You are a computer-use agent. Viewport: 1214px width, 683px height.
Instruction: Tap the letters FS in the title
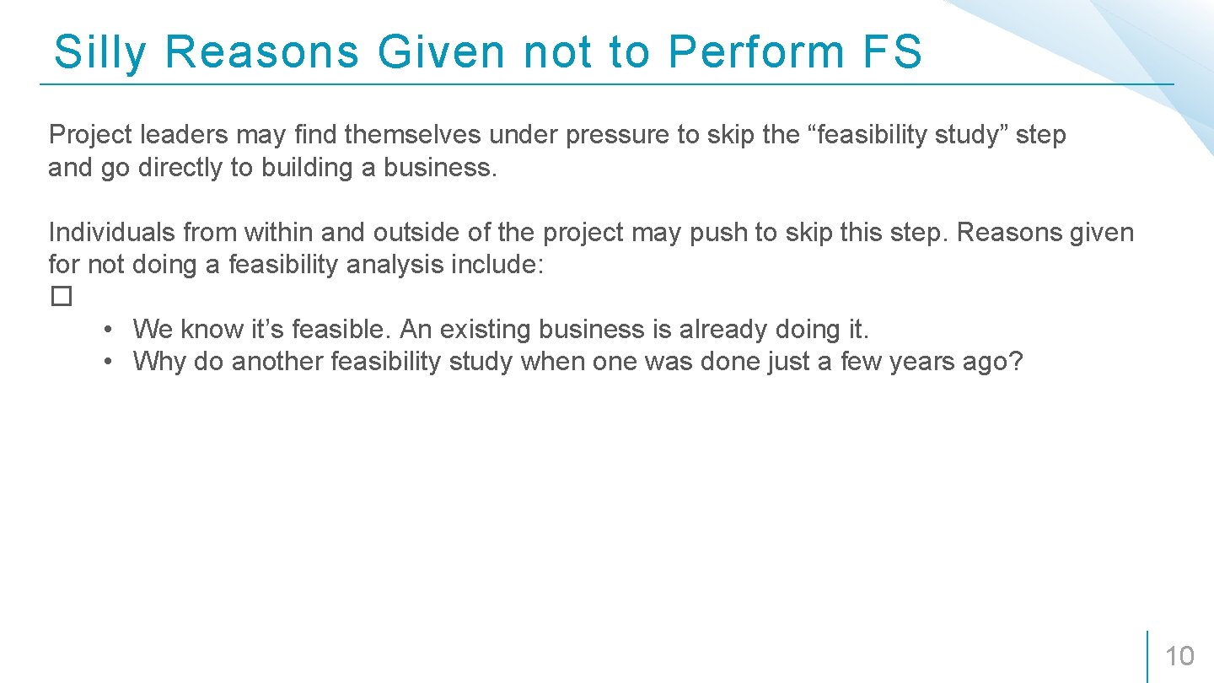pos(892,52)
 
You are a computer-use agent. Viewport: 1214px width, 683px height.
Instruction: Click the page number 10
pos(1179,656)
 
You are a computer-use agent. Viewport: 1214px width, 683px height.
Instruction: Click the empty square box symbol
pos(61,297)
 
